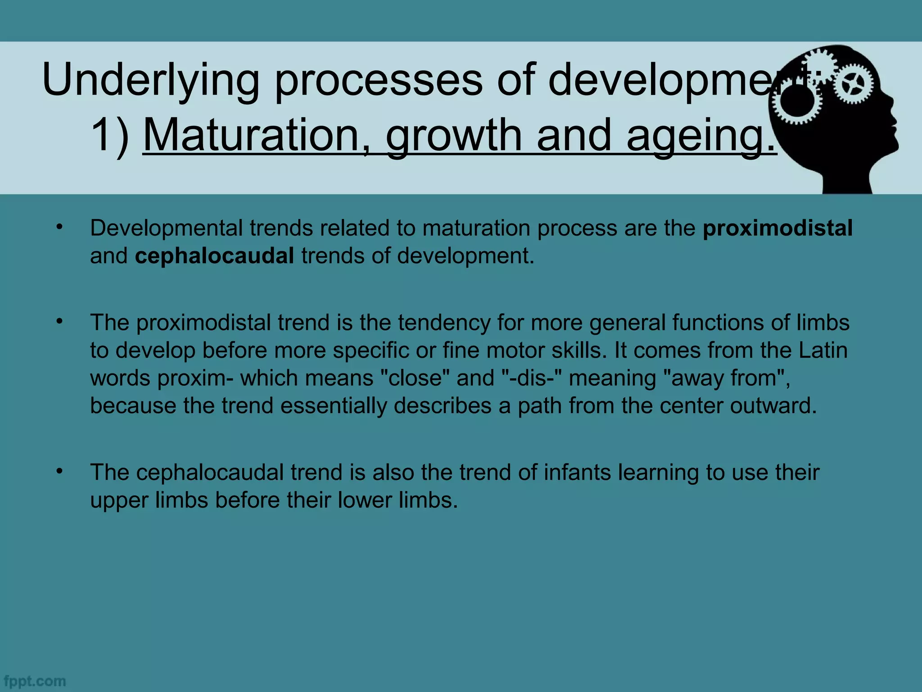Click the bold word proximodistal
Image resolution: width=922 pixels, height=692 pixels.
[x=777, y=228]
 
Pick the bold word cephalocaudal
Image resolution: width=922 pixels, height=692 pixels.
[x=214, y=256]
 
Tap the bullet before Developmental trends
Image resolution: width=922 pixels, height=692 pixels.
[x=59, y=228]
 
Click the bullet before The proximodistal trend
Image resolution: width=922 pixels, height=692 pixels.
[x=59, y=322]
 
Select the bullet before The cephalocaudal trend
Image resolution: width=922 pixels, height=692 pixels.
[x=59, y=472]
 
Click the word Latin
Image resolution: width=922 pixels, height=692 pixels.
[x=823, y=350]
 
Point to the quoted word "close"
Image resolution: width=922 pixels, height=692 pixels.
[x=415, y=378]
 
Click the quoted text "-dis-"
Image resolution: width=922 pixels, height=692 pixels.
[x=531, y=378]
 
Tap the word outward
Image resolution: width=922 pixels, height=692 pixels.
[x=773, y=405]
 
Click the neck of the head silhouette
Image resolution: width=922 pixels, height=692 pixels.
[x=846, y=180]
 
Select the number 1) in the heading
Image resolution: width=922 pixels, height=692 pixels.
[x=109, y=135]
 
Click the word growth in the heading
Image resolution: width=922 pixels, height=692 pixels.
[x=453, y=135]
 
